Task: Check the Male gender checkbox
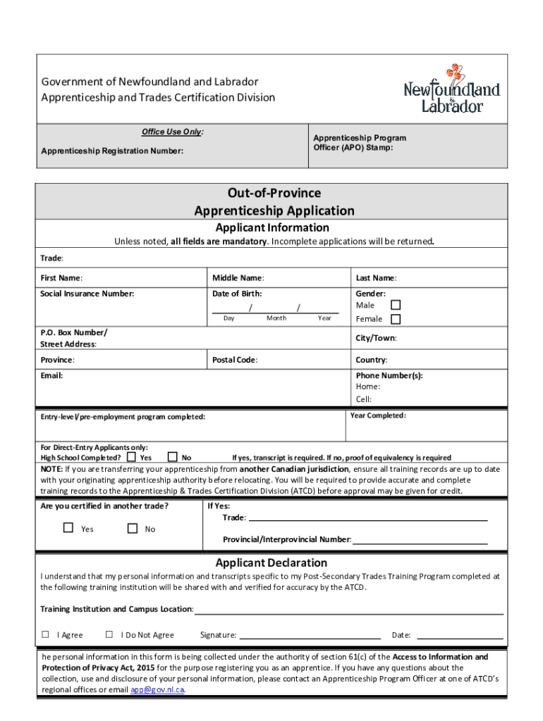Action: tap(396, 305)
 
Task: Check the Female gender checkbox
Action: tap(396, 319)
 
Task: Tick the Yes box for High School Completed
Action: tap(131, 457)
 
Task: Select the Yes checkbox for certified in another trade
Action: tap(68, 528)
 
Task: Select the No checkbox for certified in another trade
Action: tap(132, 528)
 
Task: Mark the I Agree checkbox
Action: tap(45, 634)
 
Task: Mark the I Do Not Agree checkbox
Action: tap(109, 634)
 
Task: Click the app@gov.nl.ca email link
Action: tap(157, 690)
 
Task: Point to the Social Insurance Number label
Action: tap(87, 294)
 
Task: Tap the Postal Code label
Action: tap(234, 360)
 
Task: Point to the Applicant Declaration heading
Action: tap(271, 563)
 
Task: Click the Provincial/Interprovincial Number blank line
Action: tap(420, 541)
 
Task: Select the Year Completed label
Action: tap(378, 415)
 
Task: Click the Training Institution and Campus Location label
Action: tap(116, 609)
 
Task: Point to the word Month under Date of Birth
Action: tap(276, 318)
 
